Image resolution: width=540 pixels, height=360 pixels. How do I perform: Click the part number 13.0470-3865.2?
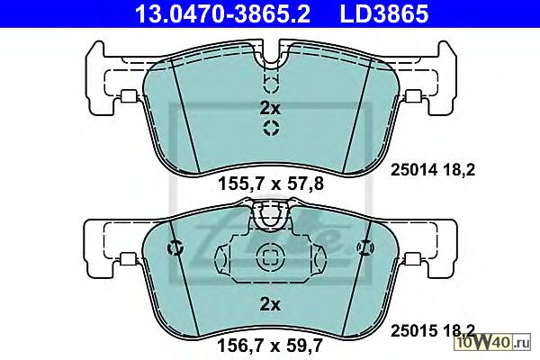tap(223, 13)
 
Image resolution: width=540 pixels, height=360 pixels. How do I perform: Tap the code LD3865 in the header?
tap(384, 13)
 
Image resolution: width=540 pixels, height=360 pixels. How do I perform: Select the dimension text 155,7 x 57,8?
tap(271, 184)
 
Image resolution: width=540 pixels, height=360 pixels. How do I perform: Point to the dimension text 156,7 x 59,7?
tap(270, 346)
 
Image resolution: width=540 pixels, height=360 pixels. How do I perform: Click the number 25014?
tap(414, 170)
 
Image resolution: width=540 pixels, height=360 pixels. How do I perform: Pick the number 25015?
tap(414, 331)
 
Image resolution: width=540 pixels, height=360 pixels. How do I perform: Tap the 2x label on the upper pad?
tap(270, 109)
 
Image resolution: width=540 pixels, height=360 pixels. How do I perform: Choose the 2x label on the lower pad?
tap(270, 304)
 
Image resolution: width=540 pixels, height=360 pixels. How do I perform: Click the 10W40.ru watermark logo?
tap(493, 342)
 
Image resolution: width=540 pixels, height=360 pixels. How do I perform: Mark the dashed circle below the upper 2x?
tap(271, 128)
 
